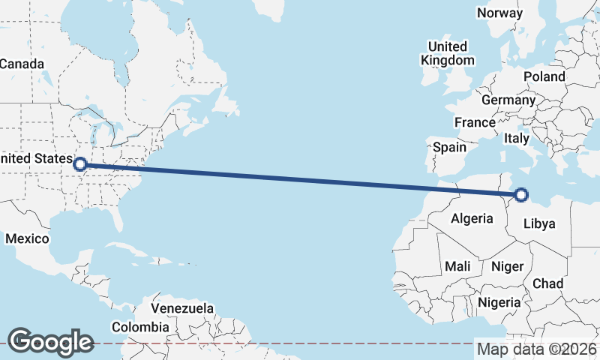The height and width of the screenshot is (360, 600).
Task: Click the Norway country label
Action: (499, 13)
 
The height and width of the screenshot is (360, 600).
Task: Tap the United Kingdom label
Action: (447, 53)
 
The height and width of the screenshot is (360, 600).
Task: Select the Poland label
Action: (544, 76)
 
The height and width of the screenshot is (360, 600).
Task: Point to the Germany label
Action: (508, 100)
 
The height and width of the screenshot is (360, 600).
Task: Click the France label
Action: (475, 122)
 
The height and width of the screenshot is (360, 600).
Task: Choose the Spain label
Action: (449, 148)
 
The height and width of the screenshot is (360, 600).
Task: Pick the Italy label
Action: (517, 138)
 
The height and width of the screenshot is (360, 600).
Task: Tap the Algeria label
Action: (472, 218)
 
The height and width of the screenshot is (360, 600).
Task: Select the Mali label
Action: (457, 266)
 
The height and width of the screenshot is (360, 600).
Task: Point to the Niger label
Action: (506, 266)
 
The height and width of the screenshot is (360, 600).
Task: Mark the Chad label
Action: (547, 283)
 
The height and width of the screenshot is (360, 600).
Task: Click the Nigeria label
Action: (499, 302)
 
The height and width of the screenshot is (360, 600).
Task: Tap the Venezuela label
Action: (182, 308)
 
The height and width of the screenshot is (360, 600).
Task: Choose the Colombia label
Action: (140, 327)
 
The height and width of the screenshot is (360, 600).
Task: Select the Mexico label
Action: (27, 238)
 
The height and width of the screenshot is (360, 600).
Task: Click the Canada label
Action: (22, 64)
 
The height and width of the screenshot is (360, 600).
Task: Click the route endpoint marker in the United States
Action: (79, 163)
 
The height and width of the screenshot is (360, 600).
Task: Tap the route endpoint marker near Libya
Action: (521, 196)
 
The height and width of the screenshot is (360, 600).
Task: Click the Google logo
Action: (50, 342)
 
